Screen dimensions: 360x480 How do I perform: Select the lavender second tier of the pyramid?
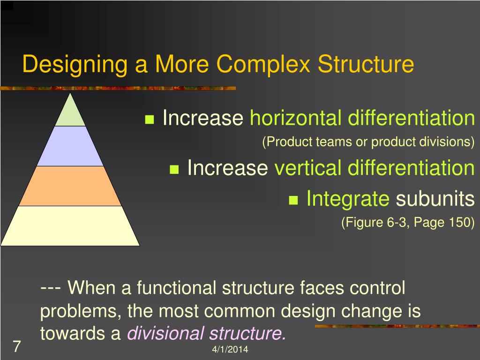[x=70, y=146]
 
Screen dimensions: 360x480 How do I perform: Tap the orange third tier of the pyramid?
[x=70, y=186]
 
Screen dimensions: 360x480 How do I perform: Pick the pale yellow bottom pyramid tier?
[x=70, y=226]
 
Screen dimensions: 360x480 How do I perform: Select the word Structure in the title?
[x=366, y=65]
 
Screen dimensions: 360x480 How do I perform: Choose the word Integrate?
[x=347, y=199]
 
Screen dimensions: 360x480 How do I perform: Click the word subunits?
[x=435, y=199]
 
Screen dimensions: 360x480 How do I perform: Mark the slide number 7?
[x=16, y=347]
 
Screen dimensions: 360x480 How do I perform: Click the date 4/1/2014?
[x=230, y=350]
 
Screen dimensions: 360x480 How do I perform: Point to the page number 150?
[x=459, y=222]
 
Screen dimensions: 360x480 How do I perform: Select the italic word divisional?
[x=165, y=333]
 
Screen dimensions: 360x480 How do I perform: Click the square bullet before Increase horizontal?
[x=150, y=120]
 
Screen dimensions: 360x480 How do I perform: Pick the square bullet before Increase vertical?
[x=175, y=169]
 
